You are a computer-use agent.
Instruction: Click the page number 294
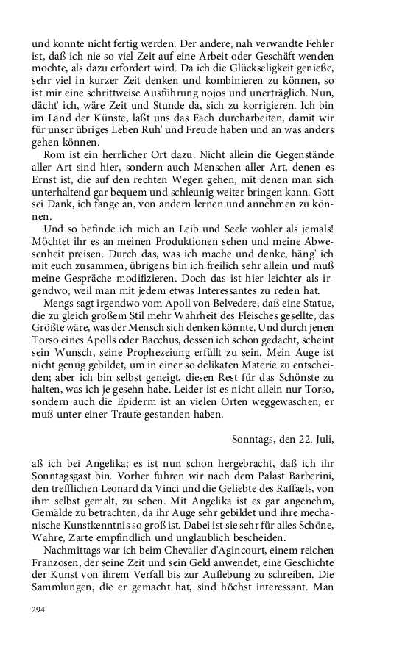tap(38, 609)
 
